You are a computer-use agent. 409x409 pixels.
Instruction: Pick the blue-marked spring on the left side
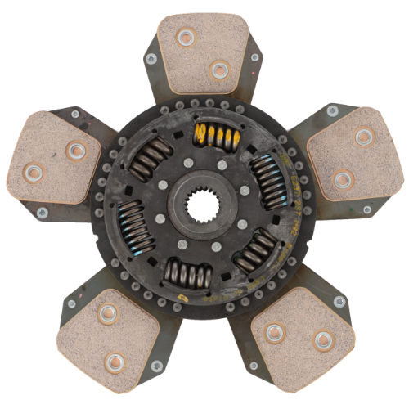[x=134, y=225]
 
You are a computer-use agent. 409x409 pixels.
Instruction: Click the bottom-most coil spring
[x=188, y=273]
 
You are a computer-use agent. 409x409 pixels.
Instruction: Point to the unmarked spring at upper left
[x=152, y=157]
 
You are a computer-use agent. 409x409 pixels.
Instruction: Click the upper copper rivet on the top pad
[x=187, y=36]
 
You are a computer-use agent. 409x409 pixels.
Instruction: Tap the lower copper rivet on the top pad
[x=218, y=70]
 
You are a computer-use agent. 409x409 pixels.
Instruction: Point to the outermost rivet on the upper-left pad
[x=34, y=173]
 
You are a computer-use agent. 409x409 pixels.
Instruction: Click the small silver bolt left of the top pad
[x=150, y=59]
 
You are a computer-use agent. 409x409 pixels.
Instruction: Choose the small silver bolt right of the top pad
[x=254, y=57]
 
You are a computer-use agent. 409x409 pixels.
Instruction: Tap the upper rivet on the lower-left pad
[x=106, y=312]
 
